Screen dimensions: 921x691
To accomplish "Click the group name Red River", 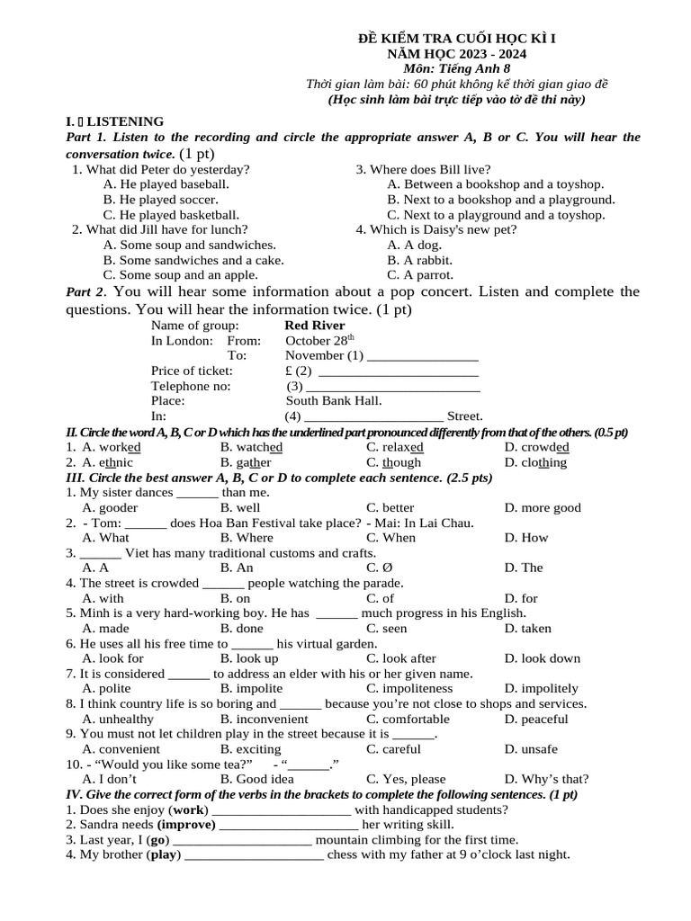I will [x=314, y=326].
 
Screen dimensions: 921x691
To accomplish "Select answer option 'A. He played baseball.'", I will [x=166, y=183].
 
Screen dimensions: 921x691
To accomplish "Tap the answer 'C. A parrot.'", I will [x=420, y=275].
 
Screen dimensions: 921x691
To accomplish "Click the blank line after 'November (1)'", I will [x=422, y=356].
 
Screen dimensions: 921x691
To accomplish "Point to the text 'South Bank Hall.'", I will [x=334, y=401].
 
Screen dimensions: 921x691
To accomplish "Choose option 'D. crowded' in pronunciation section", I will [x=536, y=447].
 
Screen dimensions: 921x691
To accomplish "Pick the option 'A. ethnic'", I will [x=107, y=462].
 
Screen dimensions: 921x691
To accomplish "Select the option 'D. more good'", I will [x=543, y=507].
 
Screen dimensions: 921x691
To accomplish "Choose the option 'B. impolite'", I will [x=251, y=689].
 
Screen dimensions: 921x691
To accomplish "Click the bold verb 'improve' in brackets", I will [x=187, y=825].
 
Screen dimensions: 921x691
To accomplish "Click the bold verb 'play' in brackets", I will [x=165, y=854].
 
